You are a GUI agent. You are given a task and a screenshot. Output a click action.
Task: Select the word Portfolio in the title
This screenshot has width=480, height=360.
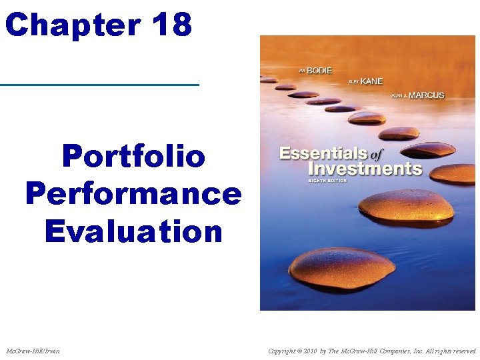133,157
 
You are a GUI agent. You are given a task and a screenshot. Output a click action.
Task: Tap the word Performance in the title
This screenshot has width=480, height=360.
133,194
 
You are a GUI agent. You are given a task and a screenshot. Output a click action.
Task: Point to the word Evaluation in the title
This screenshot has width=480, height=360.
133,231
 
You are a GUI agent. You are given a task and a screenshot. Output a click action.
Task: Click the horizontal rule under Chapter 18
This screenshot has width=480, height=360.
100,85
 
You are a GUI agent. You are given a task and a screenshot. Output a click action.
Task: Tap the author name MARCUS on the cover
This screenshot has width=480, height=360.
427,95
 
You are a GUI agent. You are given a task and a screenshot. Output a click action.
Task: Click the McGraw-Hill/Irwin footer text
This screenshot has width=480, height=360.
33,350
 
